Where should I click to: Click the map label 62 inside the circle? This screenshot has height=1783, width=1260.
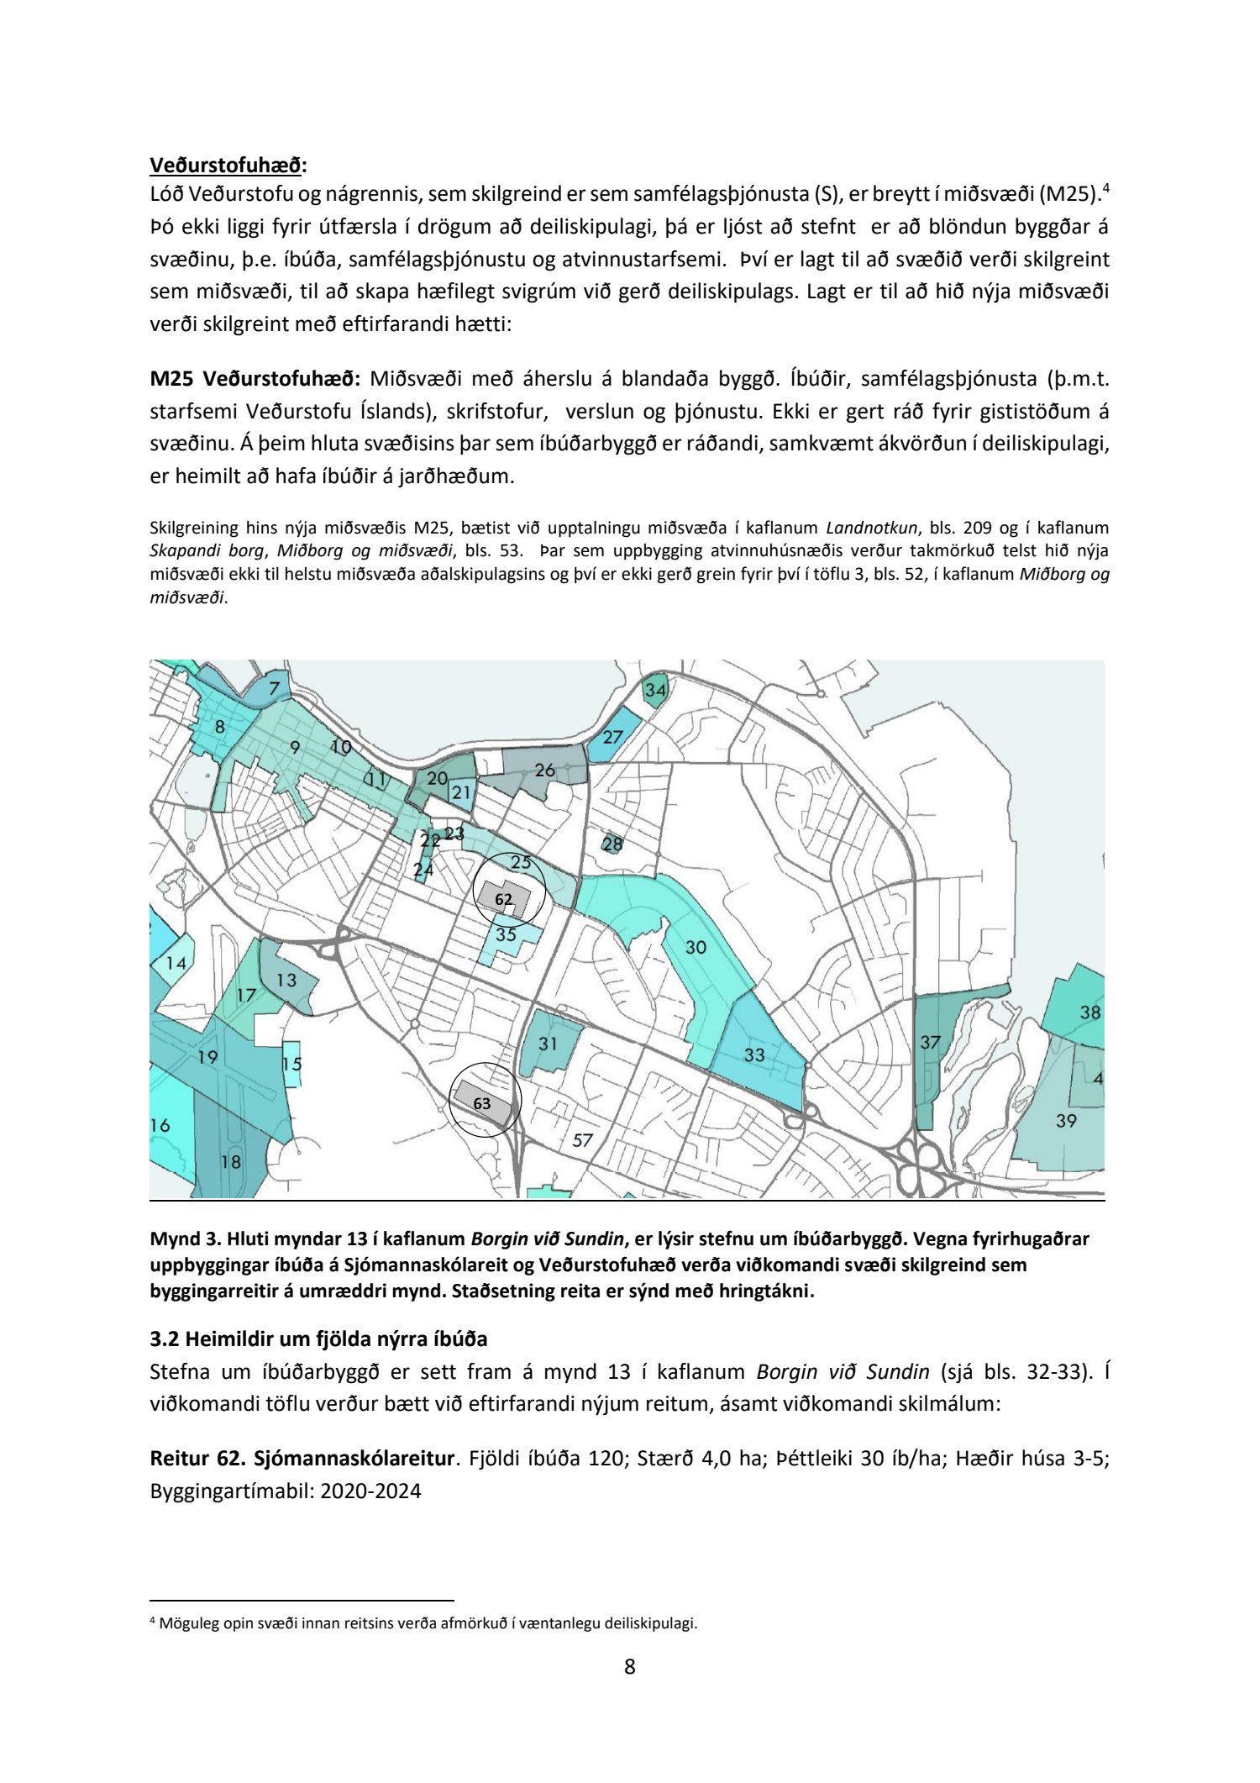pyautogui.click(x=503, y=899)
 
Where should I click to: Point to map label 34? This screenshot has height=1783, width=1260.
pyautogui.click(x=655, y=691)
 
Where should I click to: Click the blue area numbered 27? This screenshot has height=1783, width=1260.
pyautogui.click(x=613, y=737)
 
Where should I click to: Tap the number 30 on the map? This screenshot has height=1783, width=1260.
pyautogui.click(x=696, y=948)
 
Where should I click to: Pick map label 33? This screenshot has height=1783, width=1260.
pyautogui.click(x=754, y=1054)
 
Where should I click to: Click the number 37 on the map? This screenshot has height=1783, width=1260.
pyautogui.click(x=930, y=1043)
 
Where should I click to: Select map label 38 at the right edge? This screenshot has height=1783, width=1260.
pyautogui.click(x=1089, y=1012)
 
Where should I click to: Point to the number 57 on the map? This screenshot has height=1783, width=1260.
pyautogui.click(x=582, y=1140)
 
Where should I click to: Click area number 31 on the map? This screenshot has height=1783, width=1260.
pyautogui.click(x=548, y=1044)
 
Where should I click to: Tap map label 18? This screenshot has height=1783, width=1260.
pyautogui.click(x=230, y=1162)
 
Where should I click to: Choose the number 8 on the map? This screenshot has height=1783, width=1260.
pyautogui.click(x=219, y=728)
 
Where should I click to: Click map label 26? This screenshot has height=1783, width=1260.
pyautogui.click(x=545, y=770)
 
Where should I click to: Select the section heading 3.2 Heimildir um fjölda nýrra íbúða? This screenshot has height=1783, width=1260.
pyautogui.click(x=318, y=1339)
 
